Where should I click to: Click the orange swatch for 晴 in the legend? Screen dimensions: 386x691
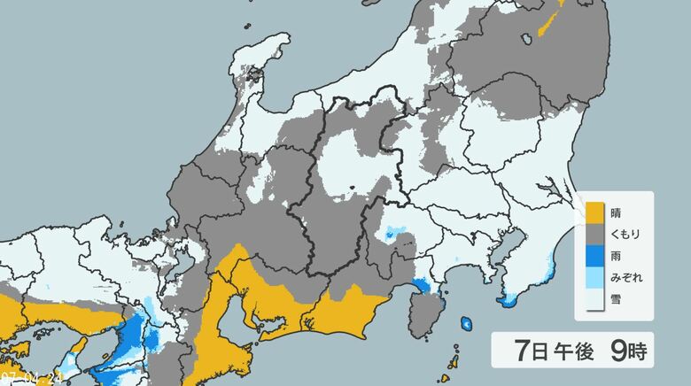(x=594, y=212)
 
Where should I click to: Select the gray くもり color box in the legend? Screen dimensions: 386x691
(x=594, y=234)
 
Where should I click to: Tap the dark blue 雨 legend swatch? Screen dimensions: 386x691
(x=594, y=255)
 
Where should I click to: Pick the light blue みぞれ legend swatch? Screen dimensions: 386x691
(x=594, y=277)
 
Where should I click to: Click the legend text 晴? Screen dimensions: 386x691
(x=617, y=212)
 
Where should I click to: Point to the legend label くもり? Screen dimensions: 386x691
(x=626, y=234)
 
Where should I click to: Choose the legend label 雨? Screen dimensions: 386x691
(x=617, y=255)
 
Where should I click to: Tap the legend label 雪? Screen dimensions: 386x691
(x=617, y=298)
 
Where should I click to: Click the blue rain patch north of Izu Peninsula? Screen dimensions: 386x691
(x=423, y=286)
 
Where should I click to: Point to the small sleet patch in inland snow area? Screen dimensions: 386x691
(x=392, y=234)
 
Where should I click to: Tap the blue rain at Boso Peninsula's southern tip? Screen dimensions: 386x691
(x=508, y=302)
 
